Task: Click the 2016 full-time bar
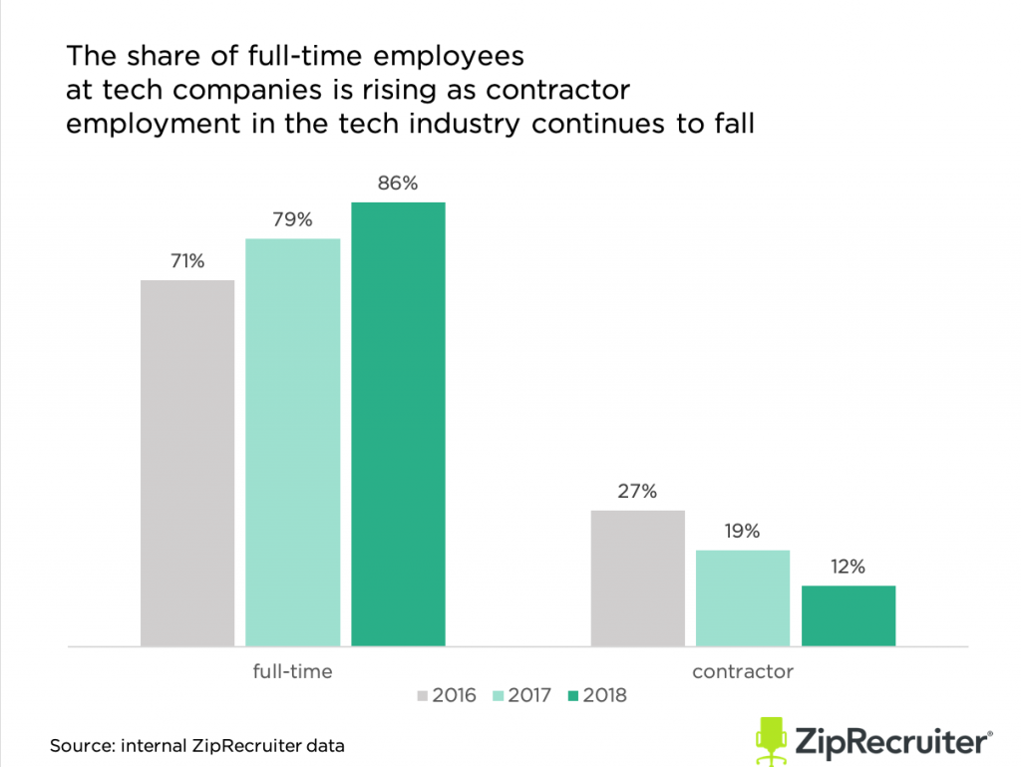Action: (x=187, y=463)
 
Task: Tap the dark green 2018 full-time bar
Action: (x=398, y=424)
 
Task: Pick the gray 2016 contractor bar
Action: (x=638, y=578)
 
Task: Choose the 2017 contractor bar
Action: (x=743, y=598)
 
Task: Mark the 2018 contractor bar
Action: (x=849, y=615)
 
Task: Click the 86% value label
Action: (x=398, y=184)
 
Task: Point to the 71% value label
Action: (x=187, y=261)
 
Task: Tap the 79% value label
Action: (x=293, y=219)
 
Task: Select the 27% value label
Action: (x=638, y=491)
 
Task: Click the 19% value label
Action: (x=743, y=531)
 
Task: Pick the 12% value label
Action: (x=849, y=567)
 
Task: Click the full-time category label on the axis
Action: (x=292, y=671)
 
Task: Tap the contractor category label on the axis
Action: (x=743, y=671)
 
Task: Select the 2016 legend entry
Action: (x=446, y=695)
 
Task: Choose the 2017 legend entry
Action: (x=520, y=695)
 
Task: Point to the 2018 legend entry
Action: (x=596, y=695)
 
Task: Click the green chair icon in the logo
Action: (x=771, y=741)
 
